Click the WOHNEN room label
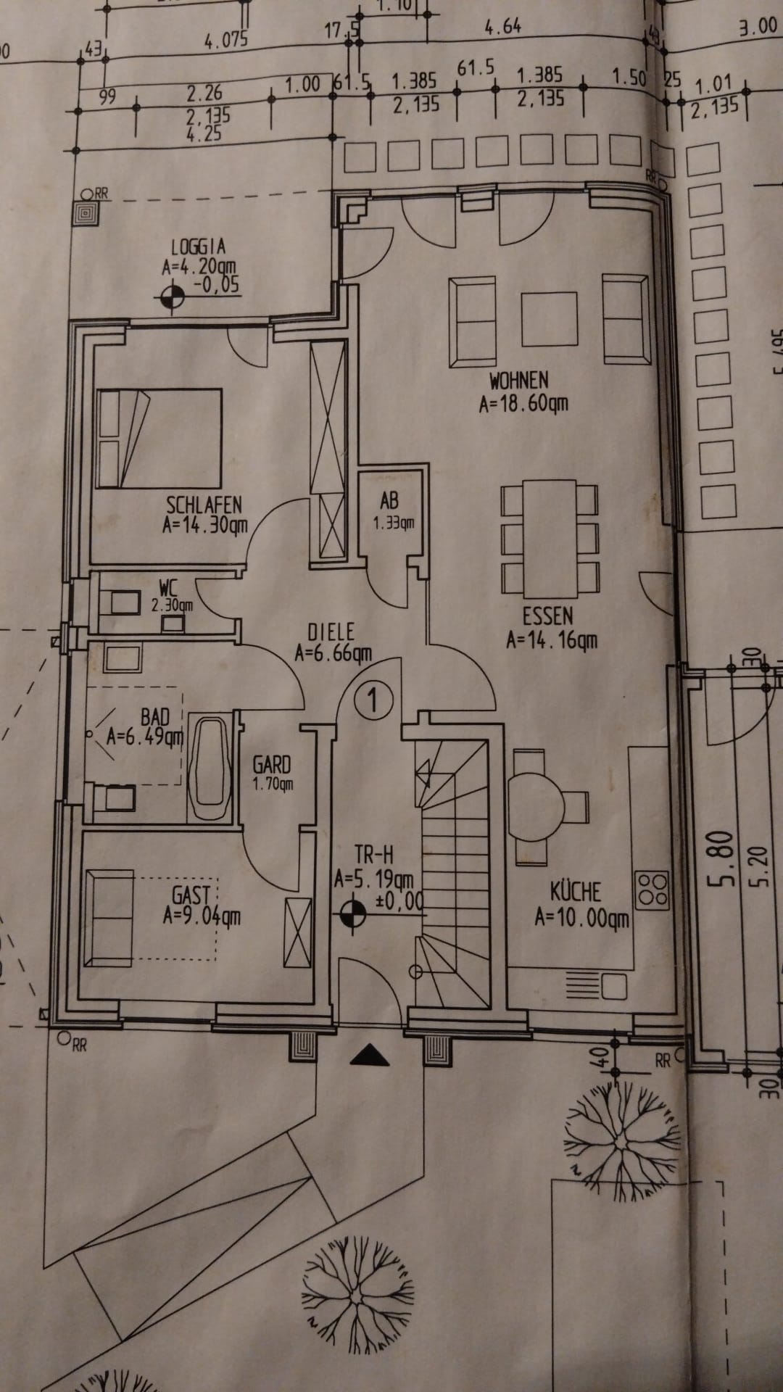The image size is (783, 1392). tap(519, 380)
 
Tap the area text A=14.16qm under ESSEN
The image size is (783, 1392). tap(552, 640)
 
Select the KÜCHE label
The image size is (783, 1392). tap(576, 891)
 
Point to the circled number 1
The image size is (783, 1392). tap(374, 700)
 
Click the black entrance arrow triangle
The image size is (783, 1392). tap(369, 1055)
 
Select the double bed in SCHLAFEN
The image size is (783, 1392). tap(159, 438)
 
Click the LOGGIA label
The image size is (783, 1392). tap(198, 247)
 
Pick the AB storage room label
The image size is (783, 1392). tap(389, 501)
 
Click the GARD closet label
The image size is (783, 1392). tap(272, 764)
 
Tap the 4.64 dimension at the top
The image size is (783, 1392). tap(502, 28)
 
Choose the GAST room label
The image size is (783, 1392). tap(191, 895)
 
